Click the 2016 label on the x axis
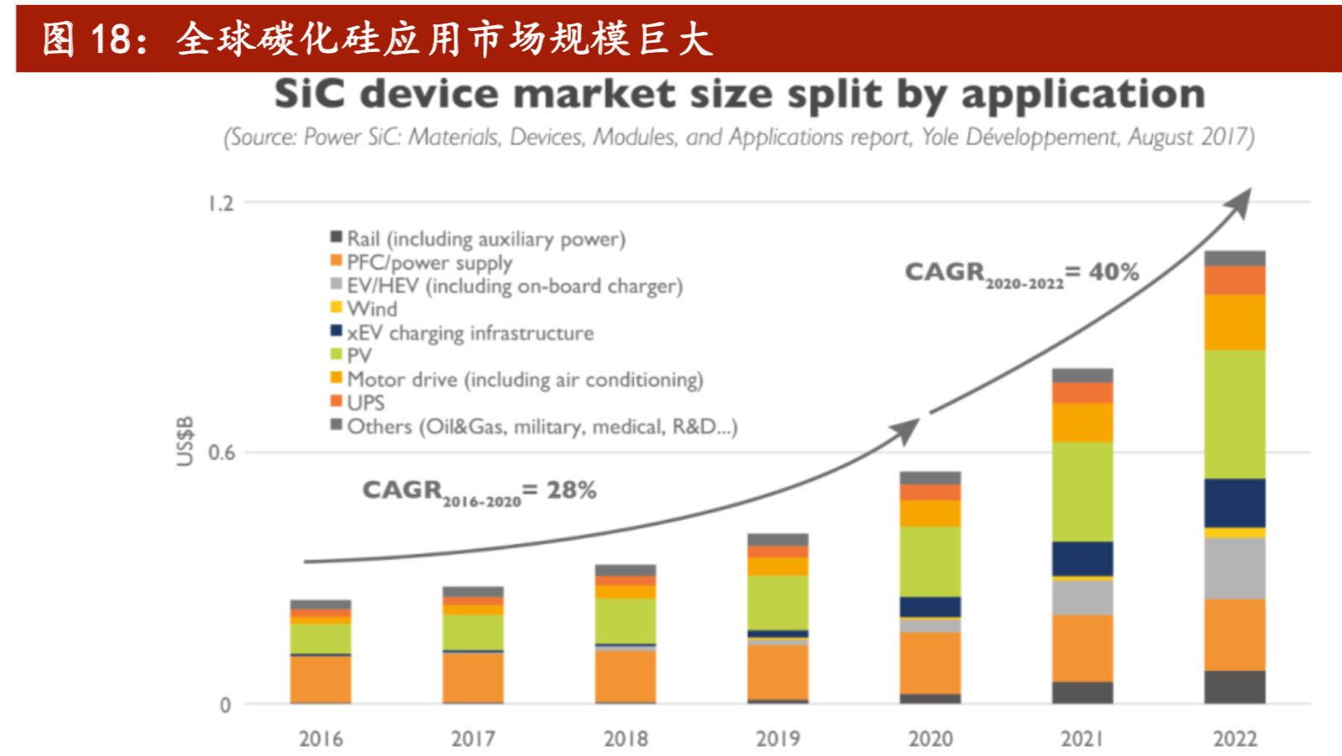(321, 738)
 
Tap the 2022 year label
(1235, 738)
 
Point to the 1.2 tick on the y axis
(221, 203)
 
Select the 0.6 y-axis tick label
(221, 453)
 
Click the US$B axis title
(185, 440)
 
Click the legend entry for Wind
(371, 309)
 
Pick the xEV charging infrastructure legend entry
(469, 333)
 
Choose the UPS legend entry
(365, 403)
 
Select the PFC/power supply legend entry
(428, 263)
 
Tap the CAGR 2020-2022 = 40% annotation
(1020, 273)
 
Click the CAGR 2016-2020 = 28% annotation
(479, 491)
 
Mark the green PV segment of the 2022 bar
(1235, 413)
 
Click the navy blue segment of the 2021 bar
(1082, 558)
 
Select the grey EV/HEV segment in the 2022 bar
(1235, 568)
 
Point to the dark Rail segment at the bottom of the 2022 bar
(1235, 686)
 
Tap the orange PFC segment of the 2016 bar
(321, 678)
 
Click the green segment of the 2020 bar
(930, 560)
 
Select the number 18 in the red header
(110, 39)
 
